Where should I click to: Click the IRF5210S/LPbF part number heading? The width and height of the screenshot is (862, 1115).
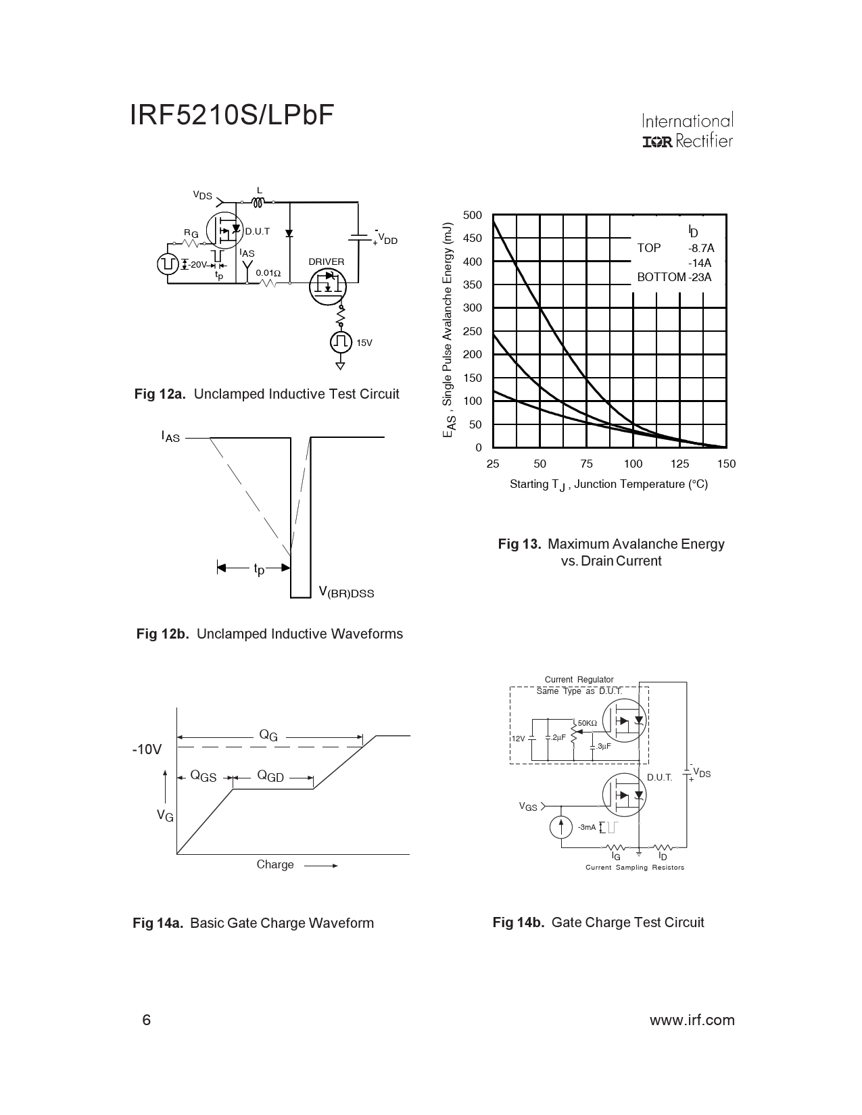(233, 116)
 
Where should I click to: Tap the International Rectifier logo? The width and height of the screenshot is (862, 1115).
(687, 131)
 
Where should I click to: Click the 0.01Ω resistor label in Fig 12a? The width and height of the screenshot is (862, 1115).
(268, 273)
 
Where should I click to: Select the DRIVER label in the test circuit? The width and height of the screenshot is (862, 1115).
(327, 262)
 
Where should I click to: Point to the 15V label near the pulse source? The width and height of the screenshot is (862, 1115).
(364, 343)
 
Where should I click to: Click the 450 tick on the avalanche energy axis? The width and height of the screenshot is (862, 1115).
(473, 238)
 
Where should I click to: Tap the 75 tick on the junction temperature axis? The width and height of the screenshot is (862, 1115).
(586, 464)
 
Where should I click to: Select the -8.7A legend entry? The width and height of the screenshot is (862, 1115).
(701, 248)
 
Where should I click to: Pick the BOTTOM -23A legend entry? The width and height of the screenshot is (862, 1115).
(674, 277)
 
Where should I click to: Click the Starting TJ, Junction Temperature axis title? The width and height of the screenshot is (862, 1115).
(608, 485)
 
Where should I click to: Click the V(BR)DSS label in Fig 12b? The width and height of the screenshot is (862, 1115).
(346, 593)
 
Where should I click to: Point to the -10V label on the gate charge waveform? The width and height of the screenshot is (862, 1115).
(147, 749)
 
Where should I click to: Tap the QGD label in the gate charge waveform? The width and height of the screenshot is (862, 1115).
(270, 777)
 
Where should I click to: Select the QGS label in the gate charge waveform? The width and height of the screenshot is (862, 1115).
(203, 777)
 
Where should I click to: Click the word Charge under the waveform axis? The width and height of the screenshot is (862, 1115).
(275, 864)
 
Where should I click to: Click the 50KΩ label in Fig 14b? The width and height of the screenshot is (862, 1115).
(587, 723)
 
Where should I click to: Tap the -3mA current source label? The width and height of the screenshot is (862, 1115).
(587, 827)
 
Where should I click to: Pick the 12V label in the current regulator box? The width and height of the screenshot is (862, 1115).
(517, 739)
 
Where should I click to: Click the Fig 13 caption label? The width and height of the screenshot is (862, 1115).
(519, 544)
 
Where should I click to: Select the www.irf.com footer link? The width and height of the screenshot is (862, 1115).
(692, 1020)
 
